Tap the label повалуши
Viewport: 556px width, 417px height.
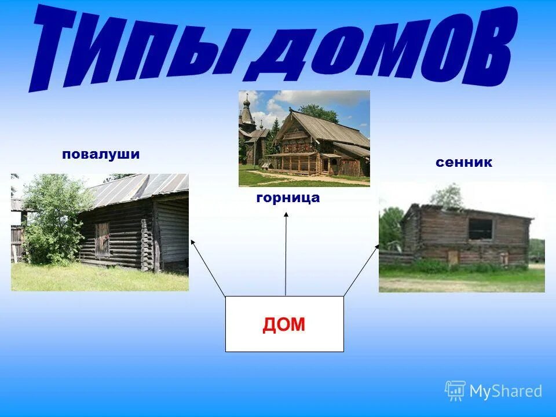[101, 155]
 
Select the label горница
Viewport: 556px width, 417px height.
[287, 198]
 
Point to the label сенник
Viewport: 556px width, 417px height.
[464, 163]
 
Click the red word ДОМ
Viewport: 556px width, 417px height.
[284, 325]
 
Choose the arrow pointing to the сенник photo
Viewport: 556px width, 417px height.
[361, 269]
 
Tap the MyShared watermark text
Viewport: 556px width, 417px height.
[506, 391]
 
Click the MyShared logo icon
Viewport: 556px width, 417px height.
[455, 391]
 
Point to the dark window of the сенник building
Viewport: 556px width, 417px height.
[480, 229]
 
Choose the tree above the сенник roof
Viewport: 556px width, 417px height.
[447, 196]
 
